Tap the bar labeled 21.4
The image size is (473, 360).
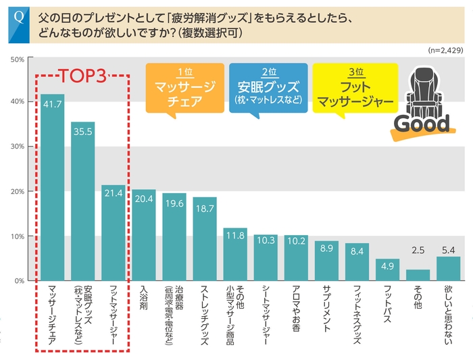pos(113,233)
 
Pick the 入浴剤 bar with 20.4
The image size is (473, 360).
pos(143,235)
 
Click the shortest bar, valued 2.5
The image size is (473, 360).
pos(418,275)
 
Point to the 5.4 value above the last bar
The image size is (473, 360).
pos(448,250)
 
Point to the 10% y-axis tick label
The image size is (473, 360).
pos(18,236)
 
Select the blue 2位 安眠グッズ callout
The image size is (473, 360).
pos(268,87)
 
